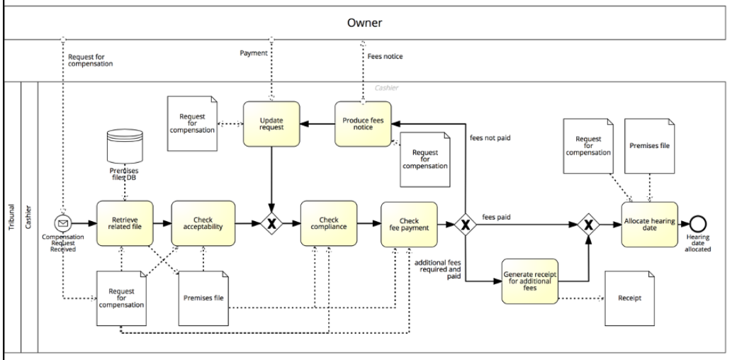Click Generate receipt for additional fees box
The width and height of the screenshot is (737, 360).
click(530, 281)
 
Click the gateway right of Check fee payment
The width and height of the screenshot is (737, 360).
click(466, 225)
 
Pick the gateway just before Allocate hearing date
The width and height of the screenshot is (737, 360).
click(587, 225)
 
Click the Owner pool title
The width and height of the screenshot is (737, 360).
click(364, 23)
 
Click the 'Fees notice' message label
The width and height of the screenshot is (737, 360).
click(385, 54)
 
